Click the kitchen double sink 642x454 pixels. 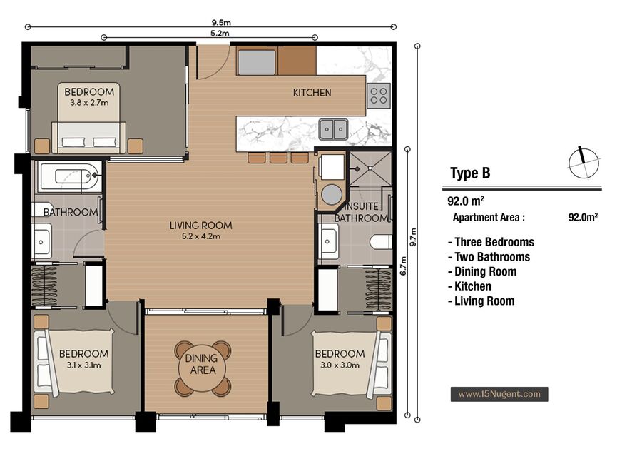pyautogui.click(x=333, y=129)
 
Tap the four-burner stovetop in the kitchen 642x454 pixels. pyautogui.click(x=378, y=96)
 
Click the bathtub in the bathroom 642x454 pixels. pyautogui.click(x=69, y=177)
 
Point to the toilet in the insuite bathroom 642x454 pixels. pyautogui.click(x=381, y=242)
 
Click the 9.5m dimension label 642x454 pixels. pyautogui.click(x=221, y=23)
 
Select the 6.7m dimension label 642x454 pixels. pyautogui.click(x=403, y=266)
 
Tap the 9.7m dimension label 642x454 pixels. pyautogui.click(x=413, y=237)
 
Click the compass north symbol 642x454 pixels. pyautogui.click(x=584, y=163)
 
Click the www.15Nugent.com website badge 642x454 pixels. pyautogui.click(x=499, y=394)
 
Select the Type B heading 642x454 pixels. pyautogui.click(x=470, y=173)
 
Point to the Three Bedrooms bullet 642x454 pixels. pyautogui.click(x=491, y=242)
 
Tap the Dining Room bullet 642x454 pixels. pyautogui.click(x=482, y=272)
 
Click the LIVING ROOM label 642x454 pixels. pyautogui.click(x=200, y=226)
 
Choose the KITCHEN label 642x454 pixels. pyautogui.click(x=312, y=93)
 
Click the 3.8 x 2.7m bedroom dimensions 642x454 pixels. pyautogui.click(x=89, y=103)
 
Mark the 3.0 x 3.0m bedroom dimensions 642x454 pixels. pyautogui.click(x=340, y=365)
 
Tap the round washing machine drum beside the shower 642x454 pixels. pyautogui.click(x=331, y=195)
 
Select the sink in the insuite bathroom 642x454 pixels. pyautogui.click(x=328, y=241)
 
